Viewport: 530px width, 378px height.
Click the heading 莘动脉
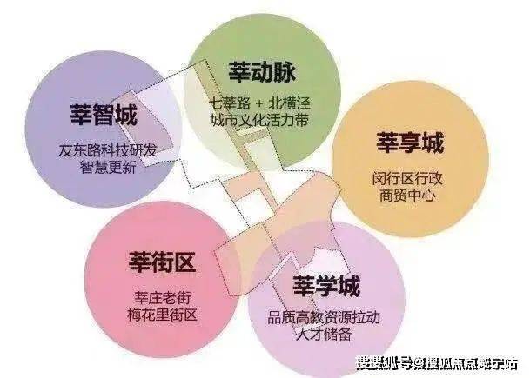[x=262, y=72]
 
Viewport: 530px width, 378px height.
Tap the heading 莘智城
[x=104, y=115]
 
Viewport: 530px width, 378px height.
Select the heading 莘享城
[x=410, y=143]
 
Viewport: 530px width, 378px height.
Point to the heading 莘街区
[x=163, y=262]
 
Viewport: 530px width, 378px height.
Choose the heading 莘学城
[x=326, y=286]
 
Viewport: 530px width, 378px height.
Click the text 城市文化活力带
[x=260, y=120]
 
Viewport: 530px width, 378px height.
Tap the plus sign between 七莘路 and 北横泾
[x=259, y=103]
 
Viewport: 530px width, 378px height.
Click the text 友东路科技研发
[x=108, y=150]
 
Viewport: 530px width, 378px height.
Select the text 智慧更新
[x=108, y=167]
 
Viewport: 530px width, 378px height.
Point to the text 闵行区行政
[x=407, y=178]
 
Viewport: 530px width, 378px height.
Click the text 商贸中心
[x=407, y=196]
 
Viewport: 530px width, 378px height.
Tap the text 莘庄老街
[x=163, y=298]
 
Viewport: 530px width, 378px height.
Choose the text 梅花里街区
[x=163, y=315]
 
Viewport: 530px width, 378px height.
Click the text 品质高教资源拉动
[x=325, y=317]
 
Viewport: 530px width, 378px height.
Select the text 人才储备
[x=325, y=335]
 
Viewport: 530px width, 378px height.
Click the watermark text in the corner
[x=438, y=364]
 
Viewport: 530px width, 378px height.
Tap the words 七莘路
[x=231, y=103]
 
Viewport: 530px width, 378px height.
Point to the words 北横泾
[x=289, y=103]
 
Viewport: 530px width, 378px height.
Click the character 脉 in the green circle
[x=285, y=72]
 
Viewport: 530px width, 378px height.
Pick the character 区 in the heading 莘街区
[x=185, y=262]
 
